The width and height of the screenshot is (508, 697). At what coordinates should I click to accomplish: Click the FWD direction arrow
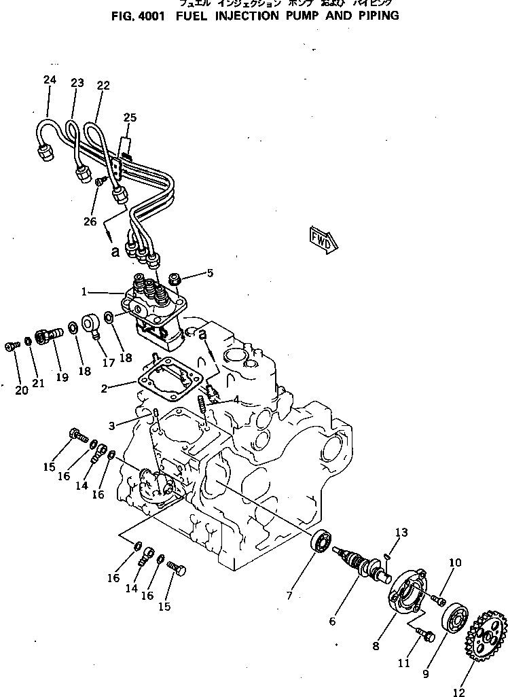click(x=323, y=239)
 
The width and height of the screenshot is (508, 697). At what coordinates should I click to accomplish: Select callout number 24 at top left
click(x=50, y=80)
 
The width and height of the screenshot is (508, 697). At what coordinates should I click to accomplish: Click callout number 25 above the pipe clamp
click(x=130, y=118)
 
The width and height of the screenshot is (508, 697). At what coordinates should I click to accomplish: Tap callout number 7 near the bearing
click(x=289, y=596)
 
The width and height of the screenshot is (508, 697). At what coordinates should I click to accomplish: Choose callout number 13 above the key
click(x=401, y=532)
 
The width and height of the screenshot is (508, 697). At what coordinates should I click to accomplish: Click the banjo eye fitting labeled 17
click(x=92, y=325)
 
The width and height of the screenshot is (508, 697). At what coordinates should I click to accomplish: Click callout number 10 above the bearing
click(x=455, y=562)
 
